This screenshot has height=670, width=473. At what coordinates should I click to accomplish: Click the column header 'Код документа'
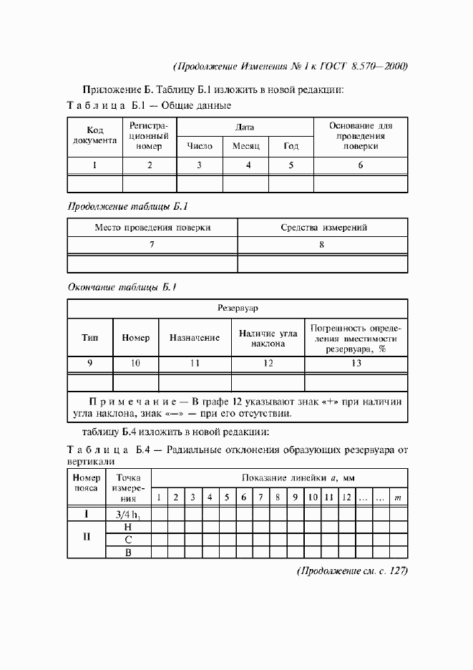click(95, 135)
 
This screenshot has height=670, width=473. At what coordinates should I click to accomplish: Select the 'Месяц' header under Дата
click(248, 146)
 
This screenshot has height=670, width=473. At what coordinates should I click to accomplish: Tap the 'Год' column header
click(291, 146)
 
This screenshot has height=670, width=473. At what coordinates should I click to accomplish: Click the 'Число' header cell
click(200, 146)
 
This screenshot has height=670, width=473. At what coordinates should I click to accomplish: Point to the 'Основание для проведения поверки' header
click(361, 135)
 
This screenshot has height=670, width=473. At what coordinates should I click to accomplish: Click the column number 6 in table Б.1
click(361, 165)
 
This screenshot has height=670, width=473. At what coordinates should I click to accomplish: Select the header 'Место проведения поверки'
click(152, 228)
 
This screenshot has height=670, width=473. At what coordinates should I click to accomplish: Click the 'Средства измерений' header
click(323, 228)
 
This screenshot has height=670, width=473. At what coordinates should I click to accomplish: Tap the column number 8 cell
click(323, 245)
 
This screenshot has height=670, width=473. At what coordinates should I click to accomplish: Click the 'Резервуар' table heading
click(238, 308)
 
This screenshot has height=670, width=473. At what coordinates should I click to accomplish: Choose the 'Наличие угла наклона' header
click(268, 338)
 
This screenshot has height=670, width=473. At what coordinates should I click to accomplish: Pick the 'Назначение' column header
click(194, 338)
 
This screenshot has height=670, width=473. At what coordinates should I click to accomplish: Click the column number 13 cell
click(356, 364)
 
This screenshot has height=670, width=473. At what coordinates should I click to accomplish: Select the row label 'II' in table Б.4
click(86, 539)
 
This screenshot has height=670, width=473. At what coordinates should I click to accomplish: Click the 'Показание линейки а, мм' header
click(298, 477)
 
